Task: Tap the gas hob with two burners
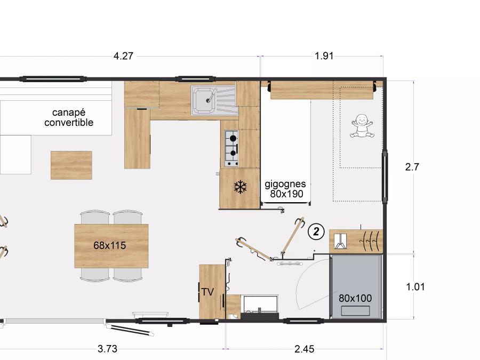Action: click(x=231, y=148)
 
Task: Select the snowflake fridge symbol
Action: click(x=241, y=187)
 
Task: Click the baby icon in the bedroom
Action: click(x=362, y=125)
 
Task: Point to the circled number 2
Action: click(x=316, y=231)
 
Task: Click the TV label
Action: click(x=207, y=292)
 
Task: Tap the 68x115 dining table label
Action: click(x=109, y=245)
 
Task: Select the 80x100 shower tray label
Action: click(x=355, y=298)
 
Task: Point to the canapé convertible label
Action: click(x=69, y=117)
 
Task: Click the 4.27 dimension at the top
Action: click(x=123, y=56)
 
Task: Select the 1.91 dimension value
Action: click(x=324, y=55)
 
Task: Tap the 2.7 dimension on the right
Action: click(x=412, y=167)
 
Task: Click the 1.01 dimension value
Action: click(x=415, y=287)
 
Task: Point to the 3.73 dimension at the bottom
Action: click(x=107, y=349)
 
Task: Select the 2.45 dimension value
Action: click(x=305, y=349)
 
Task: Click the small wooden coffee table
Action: click(x=71, y=165)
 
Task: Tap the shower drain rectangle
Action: click(x=355, y=311)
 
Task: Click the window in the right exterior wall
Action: click(x=385, y=176)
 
